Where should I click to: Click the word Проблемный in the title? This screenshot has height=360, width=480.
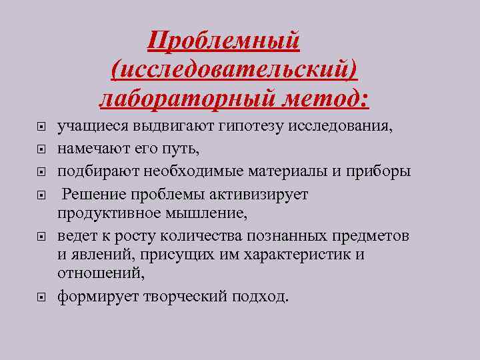(225, 41)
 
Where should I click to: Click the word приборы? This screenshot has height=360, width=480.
(383, 171)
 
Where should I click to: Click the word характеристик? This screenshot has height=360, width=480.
(297, 255)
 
